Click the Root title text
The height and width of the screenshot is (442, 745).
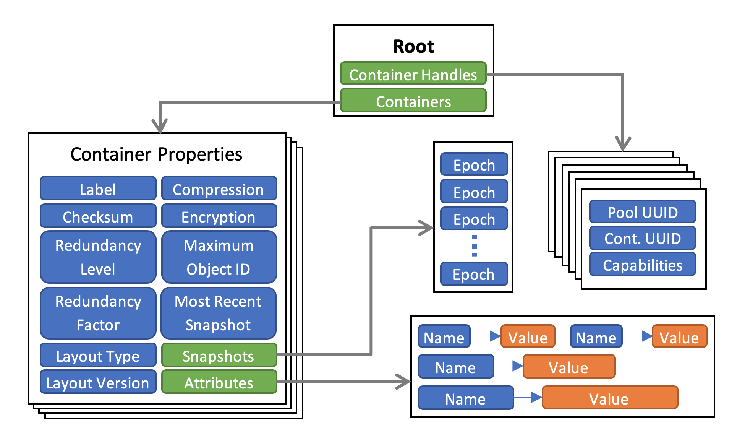413,47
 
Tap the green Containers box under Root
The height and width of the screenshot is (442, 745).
413,101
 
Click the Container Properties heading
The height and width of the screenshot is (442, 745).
156,154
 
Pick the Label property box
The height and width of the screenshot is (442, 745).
98,188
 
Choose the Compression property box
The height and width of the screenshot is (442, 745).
219,188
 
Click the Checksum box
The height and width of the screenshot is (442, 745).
98,216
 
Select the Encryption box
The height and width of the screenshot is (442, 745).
219,216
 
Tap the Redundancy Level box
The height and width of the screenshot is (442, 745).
98,257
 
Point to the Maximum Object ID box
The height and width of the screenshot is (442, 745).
219,257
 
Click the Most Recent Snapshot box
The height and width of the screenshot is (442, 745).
219,313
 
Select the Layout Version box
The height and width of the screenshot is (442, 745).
98,382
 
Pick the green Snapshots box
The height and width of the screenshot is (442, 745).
219,355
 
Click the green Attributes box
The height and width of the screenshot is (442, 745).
219,382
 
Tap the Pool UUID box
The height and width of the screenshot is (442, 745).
642,211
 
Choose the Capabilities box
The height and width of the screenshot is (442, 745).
642,264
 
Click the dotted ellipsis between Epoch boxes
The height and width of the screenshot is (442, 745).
474,245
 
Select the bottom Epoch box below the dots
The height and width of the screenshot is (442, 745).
474,274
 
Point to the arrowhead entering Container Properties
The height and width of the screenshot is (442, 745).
160,126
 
